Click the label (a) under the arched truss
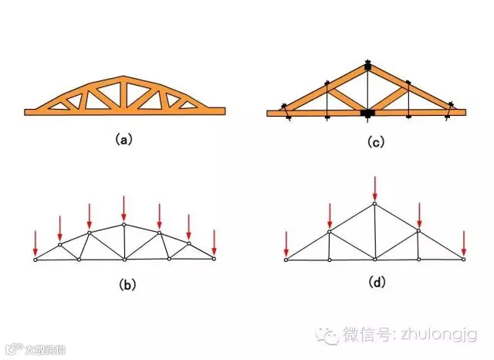(x=123, y=140)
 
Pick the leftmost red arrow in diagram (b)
(x=36, y=241)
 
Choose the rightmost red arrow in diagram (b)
(x=215, y=241)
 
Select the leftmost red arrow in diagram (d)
(x=286, y=243)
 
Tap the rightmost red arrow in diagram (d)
(x=464, y=243)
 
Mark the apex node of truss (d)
(x=375, y=204)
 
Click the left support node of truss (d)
(x=286, y=260)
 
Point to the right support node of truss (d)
(x=464, y=260)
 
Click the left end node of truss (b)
(x=36, y=260)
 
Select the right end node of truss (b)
(x=215, y=259)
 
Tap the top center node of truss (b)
(x=123, y=225)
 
